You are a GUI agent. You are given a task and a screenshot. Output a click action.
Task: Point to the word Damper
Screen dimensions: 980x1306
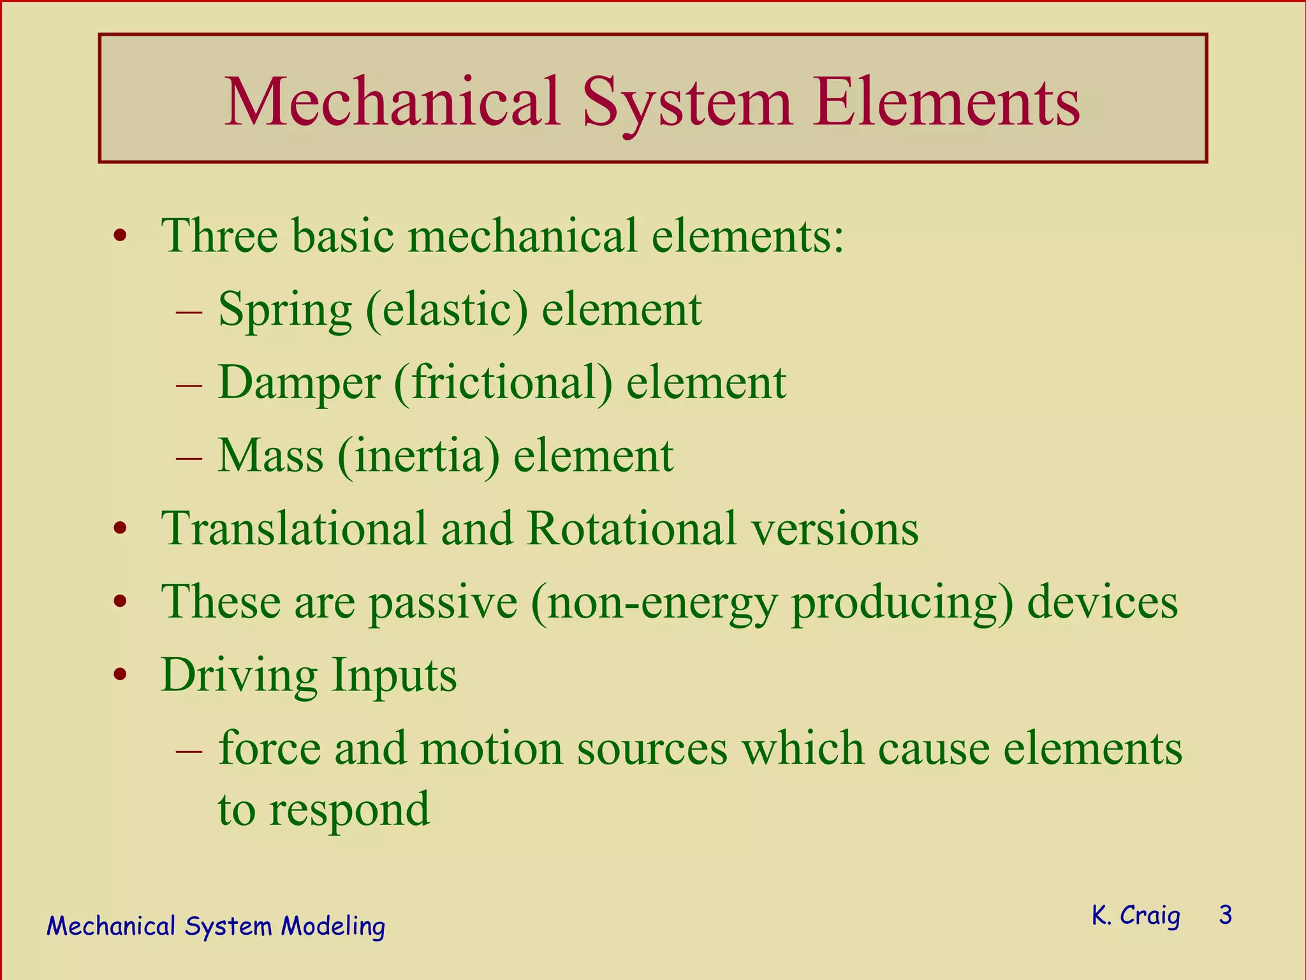tap(299, 383)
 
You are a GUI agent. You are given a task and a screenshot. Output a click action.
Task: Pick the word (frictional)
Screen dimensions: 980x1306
tap(503, 383)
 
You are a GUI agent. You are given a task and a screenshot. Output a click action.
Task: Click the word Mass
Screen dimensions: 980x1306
tap(270, 456)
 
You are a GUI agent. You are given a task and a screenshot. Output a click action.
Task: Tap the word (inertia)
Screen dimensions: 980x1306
tap(418, 456)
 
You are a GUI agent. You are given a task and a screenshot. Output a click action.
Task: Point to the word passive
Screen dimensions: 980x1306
tap(443, 602)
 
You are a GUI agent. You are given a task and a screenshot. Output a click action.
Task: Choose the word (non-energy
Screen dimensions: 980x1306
tap(654, 602)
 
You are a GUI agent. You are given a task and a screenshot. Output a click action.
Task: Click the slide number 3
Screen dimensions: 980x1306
tap(1225, 915)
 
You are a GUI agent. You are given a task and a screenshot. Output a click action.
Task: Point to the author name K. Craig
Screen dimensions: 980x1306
tap(1136, 916)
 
